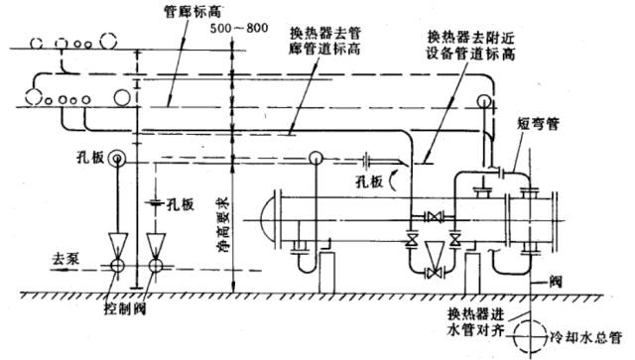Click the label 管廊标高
(x=171, y=13)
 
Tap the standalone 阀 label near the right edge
(x=562, y=284)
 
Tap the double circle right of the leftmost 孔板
(x=117, y=159)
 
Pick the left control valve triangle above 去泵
(x=116, y=244)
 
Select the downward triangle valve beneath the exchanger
(x=433, y=254)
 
